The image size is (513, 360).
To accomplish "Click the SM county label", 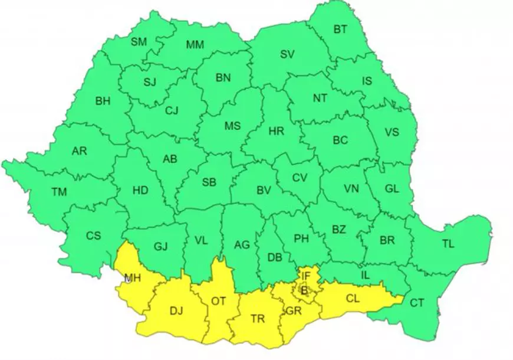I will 139,42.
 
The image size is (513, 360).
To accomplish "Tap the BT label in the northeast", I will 340,29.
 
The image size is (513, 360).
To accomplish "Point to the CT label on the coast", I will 417,303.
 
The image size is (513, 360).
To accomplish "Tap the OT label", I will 218,301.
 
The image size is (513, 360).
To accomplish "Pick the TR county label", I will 258,319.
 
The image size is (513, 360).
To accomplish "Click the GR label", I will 293,311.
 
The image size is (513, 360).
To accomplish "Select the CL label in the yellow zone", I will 353,299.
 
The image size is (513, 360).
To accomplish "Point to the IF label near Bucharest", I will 305,275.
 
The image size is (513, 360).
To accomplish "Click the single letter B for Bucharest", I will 304,290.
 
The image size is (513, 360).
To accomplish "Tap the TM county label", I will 59,192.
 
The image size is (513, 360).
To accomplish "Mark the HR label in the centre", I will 276,132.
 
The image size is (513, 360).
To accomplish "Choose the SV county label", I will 287,55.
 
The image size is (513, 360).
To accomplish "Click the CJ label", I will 172,110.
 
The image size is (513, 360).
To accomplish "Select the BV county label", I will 264,190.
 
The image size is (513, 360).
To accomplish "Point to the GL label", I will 392,189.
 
